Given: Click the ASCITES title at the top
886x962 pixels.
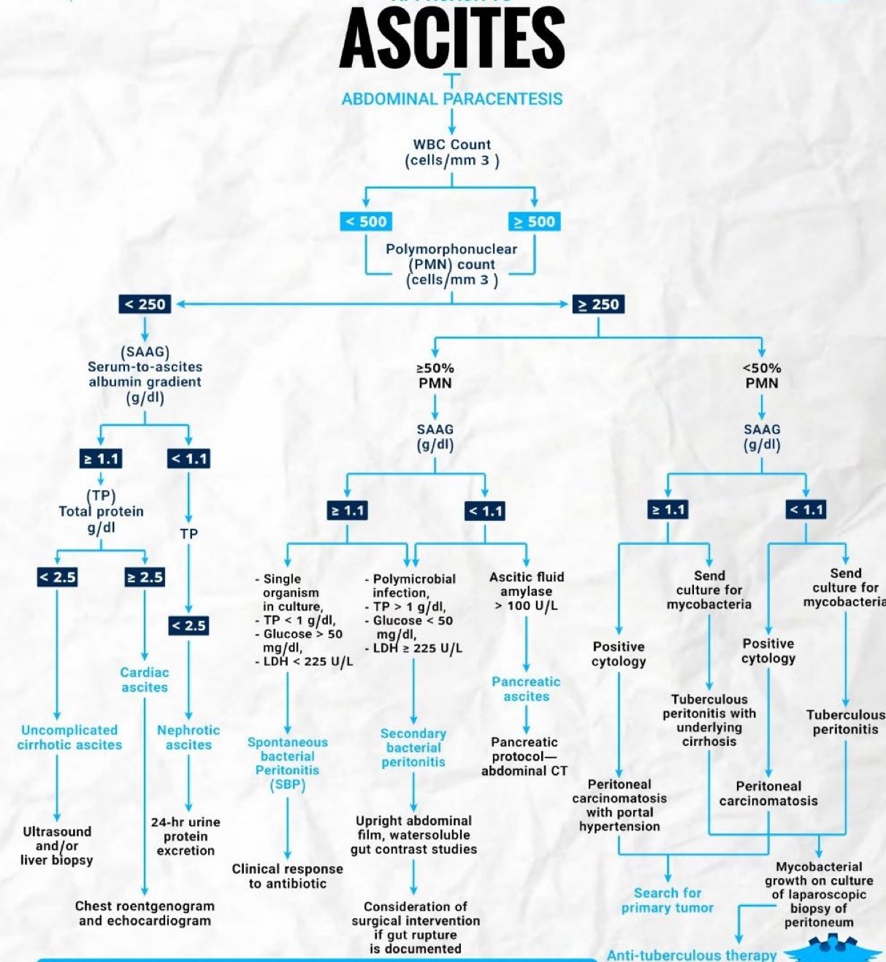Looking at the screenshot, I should pyautogui.click(x=452, y=38).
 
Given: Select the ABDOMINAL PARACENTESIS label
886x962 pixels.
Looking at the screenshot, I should pyautogui.click(x=452, y=99).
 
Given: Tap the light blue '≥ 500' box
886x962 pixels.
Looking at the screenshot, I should pyautogui.click(x=535, y=221).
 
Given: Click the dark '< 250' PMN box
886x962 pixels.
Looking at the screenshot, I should pyautogui.click(x=144, y=304).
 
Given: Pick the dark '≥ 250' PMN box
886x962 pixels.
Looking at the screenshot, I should pyautogui.click(x=598, y=304).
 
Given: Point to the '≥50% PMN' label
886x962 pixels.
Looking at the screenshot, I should pyautogui.click(x=435, y=375).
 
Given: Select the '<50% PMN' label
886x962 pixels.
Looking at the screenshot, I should pyautogui.click(x=762, y=375).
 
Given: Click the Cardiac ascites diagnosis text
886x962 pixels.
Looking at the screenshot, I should pyautogui.click(x=145, y=679).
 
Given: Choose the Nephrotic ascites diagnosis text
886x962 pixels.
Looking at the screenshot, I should pyautogui.click(x=188, y=737).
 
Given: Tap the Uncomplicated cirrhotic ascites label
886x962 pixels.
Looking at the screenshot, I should pyautogui.click(x=69, y=737).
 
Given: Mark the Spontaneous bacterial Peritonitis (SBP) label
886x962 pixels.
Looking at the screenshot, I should pyautogui.click(x=288, y=763).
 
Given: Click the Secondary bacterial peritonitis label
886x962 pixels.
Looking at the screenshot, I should pyautogui.click(x=413, y=747).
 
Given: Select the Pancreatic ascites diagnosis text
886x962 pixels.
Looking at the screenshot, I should pyautogui.click(x=526, y=689).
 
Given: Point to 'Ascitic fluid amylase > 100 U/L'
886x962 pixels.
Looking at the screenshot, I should pyautogui.click(x=527, y=591).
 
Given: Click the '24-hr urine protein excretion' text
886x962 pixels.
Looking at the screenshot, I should pyautogui.click(x=186, y=836).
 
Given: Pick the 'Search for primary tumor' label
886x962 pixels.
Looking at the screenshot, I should pyautogui.click(x=668, y=900).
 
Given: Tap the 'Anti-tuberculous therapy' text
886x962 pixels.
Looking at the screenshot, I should pyautogui.click(x=692, y=955).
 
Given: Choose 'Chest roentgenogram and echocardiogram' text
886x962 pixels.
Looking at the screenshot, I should pyautogui.click(x=145, y=913).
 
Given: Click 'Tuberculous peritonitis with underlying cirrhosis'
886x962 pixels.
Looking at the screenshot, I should pyautogui.click(x=709, y=720).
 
